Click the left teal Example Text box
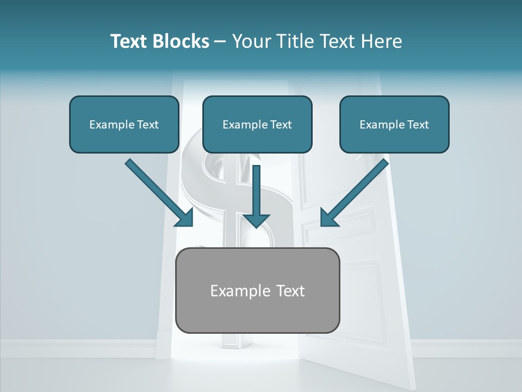pyautogui.click(x=124, y=124)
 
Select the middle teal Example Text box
pyautogui.click(x=257, y=124)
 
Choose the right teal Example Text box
pyautogui.click(x=394, y=124)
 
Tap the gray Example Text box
pyautogui.click(x=258, y=290)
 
